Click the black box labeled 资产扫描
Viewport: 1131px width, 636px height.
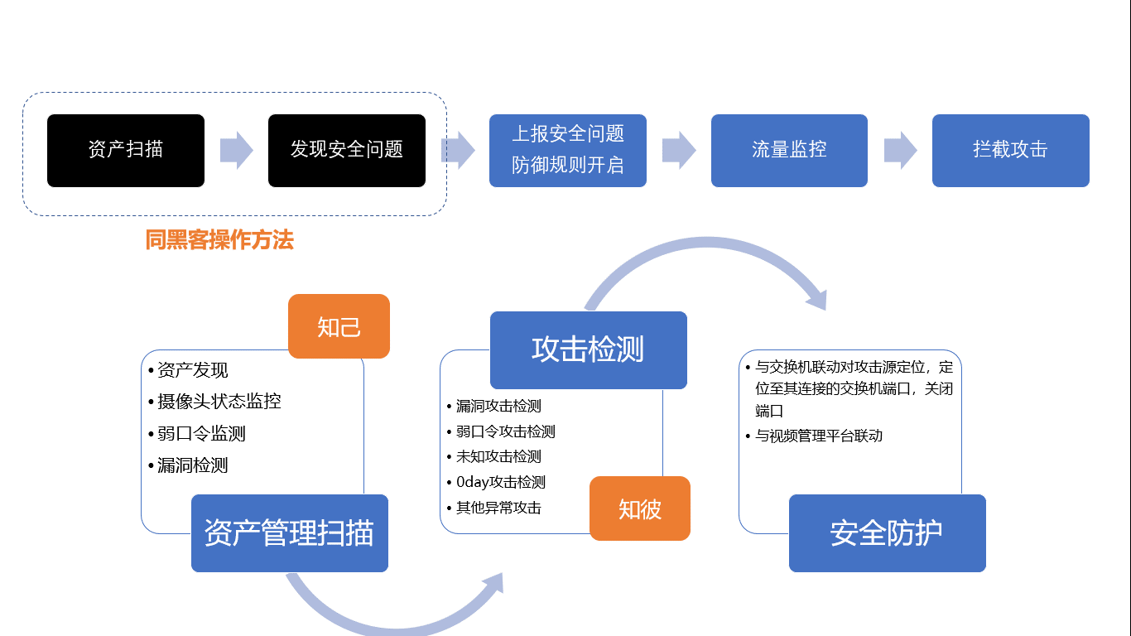[x=126, y=151]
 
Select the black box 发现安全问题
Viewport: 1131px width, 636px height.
[x=347, y=151]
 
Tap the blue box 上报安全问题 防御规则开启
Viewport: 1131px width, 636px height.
[x=568, y=151]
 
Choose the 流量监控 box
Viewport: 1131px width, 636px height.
[x=789, y=151]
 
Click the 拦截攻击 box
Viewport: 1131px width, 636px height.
[x=1011, y=151]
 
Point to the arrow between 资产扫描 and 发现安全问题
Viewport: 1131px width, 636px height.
[x=236, y=150]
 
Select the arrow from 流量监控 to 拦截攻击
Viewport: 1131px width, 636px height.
[x=900, y=150]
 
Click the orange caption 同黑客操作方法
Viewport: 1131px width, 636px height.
[x=219, y=239]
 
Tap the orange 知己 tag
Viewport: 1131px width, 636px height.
[x=339, y=326]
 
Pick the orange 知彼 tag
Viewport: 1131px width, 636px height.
[x=640, y=508]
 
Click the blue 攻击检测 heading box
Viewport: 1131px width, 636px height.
[x=588, y=350]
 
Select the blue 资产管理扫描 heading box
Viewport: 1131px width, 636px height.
[x=289, y=533]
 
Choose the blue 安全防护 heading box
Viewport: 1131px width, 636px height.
[x=887, y=533]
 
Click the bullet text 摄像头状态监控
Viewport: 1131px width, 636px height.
[x=219, y=402]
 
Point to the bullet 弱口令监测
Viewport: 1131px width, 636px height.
[x=201, y=433]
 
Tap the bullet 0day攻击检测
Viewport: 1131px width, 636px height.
[x=501, y=482]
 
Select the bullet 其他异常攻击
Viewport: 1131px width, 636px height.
[x=498, y=507]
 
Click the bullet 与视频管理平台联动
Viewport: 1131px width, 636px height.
[x=819, y=436]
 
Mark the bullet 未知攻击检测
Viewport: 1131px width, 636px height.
[x=498, y=456]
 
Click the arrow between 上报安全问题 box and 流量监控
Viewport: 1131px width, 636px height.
[x=679, y=150]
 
